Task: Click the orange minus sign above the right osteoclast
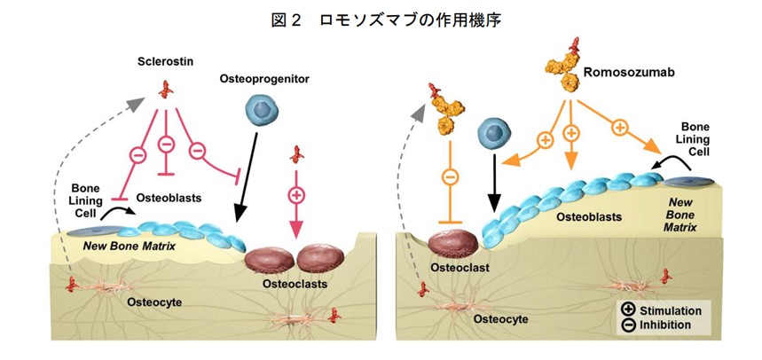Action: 451,176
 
